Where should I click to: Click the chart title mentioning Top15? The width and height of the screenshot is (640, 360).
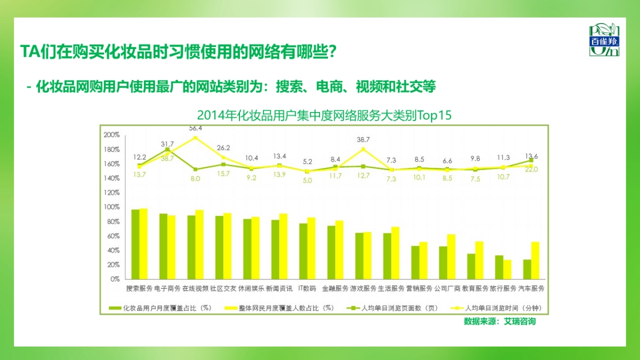324,115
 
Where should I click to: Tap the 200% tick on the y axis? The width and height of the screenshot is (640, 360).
111,135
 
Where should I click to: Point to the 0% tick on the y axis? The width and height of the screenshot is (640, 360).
115,279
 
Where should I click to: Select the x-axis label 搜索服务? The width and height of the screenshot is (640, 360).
139,289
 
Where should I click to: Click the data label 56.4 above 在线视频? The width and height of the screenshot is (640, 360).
195,128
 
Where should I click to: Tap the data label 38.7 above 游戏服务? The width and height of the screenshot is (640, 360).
363,139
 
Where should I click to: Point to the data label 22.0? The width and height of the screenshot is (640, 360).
532,169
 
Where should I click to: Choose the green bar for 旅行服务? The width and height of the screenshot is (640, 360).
499,267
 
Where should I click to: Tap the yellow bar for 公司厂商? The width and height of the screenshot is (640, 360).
451,257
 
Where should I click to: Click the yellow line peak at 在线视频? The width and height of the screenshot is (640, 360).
195,138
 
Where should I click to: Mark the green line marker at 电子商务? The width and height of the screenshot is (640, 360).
167,150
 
